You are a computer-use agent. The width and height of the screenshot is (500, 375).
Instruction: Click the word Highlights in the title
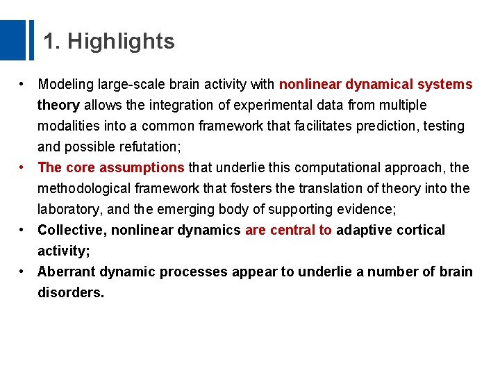click(x=121, y=42)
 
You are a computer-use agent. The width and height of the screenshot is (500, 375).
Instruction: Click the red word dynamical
click(x=378, y=85)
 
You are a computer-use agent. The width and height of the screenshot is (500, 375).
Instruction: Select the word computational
click(x=326, y=168)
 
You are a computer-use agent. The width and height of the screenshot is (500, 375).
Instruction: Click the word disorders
click(x=71, y=293)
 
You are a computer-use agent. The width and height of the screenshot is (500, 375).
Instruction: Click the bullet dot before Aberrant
click(x=24, y=272)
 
